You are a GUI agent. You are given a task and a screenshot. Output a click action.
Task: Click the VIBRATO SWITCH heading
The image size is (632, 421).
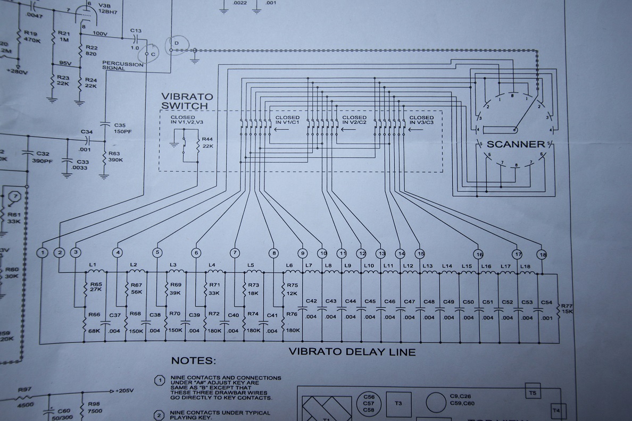click(187, 101)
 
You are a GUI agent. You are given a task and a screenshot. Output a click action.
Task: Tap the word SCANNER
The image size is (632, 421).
click(516, 144)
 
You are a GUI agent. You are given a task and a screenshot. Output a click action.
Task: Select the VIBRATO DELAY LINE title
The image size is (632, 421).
click(352, 351)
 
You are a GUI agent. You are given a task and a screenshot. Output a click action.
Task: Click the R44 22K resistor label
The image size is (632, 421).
click(207, 142)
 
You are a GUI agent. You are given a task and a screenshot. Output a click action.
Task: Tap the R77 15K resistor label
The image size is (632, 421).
click(568, 308)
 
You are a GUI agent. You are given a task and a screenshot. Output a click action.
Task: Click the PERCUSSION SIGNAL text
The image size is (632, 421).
click(123, 66)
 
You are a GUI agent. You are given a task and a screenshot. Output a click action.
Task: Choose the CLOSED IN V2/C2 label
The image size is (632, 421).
click(354, 120)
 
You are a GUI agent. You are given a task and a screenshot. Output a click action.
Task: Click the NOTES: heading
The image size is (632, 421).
click(193, 361)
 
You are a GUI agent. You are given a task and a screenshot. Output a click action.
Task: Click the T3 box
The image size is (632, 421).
click(398, 403)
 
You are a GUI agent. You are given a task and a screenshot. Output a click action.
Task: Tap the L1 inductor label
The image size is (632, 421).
click(93, 264)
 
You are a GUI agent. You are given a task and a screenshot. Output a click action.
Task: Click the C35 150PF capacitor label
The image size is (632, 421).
click(122, 128)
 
